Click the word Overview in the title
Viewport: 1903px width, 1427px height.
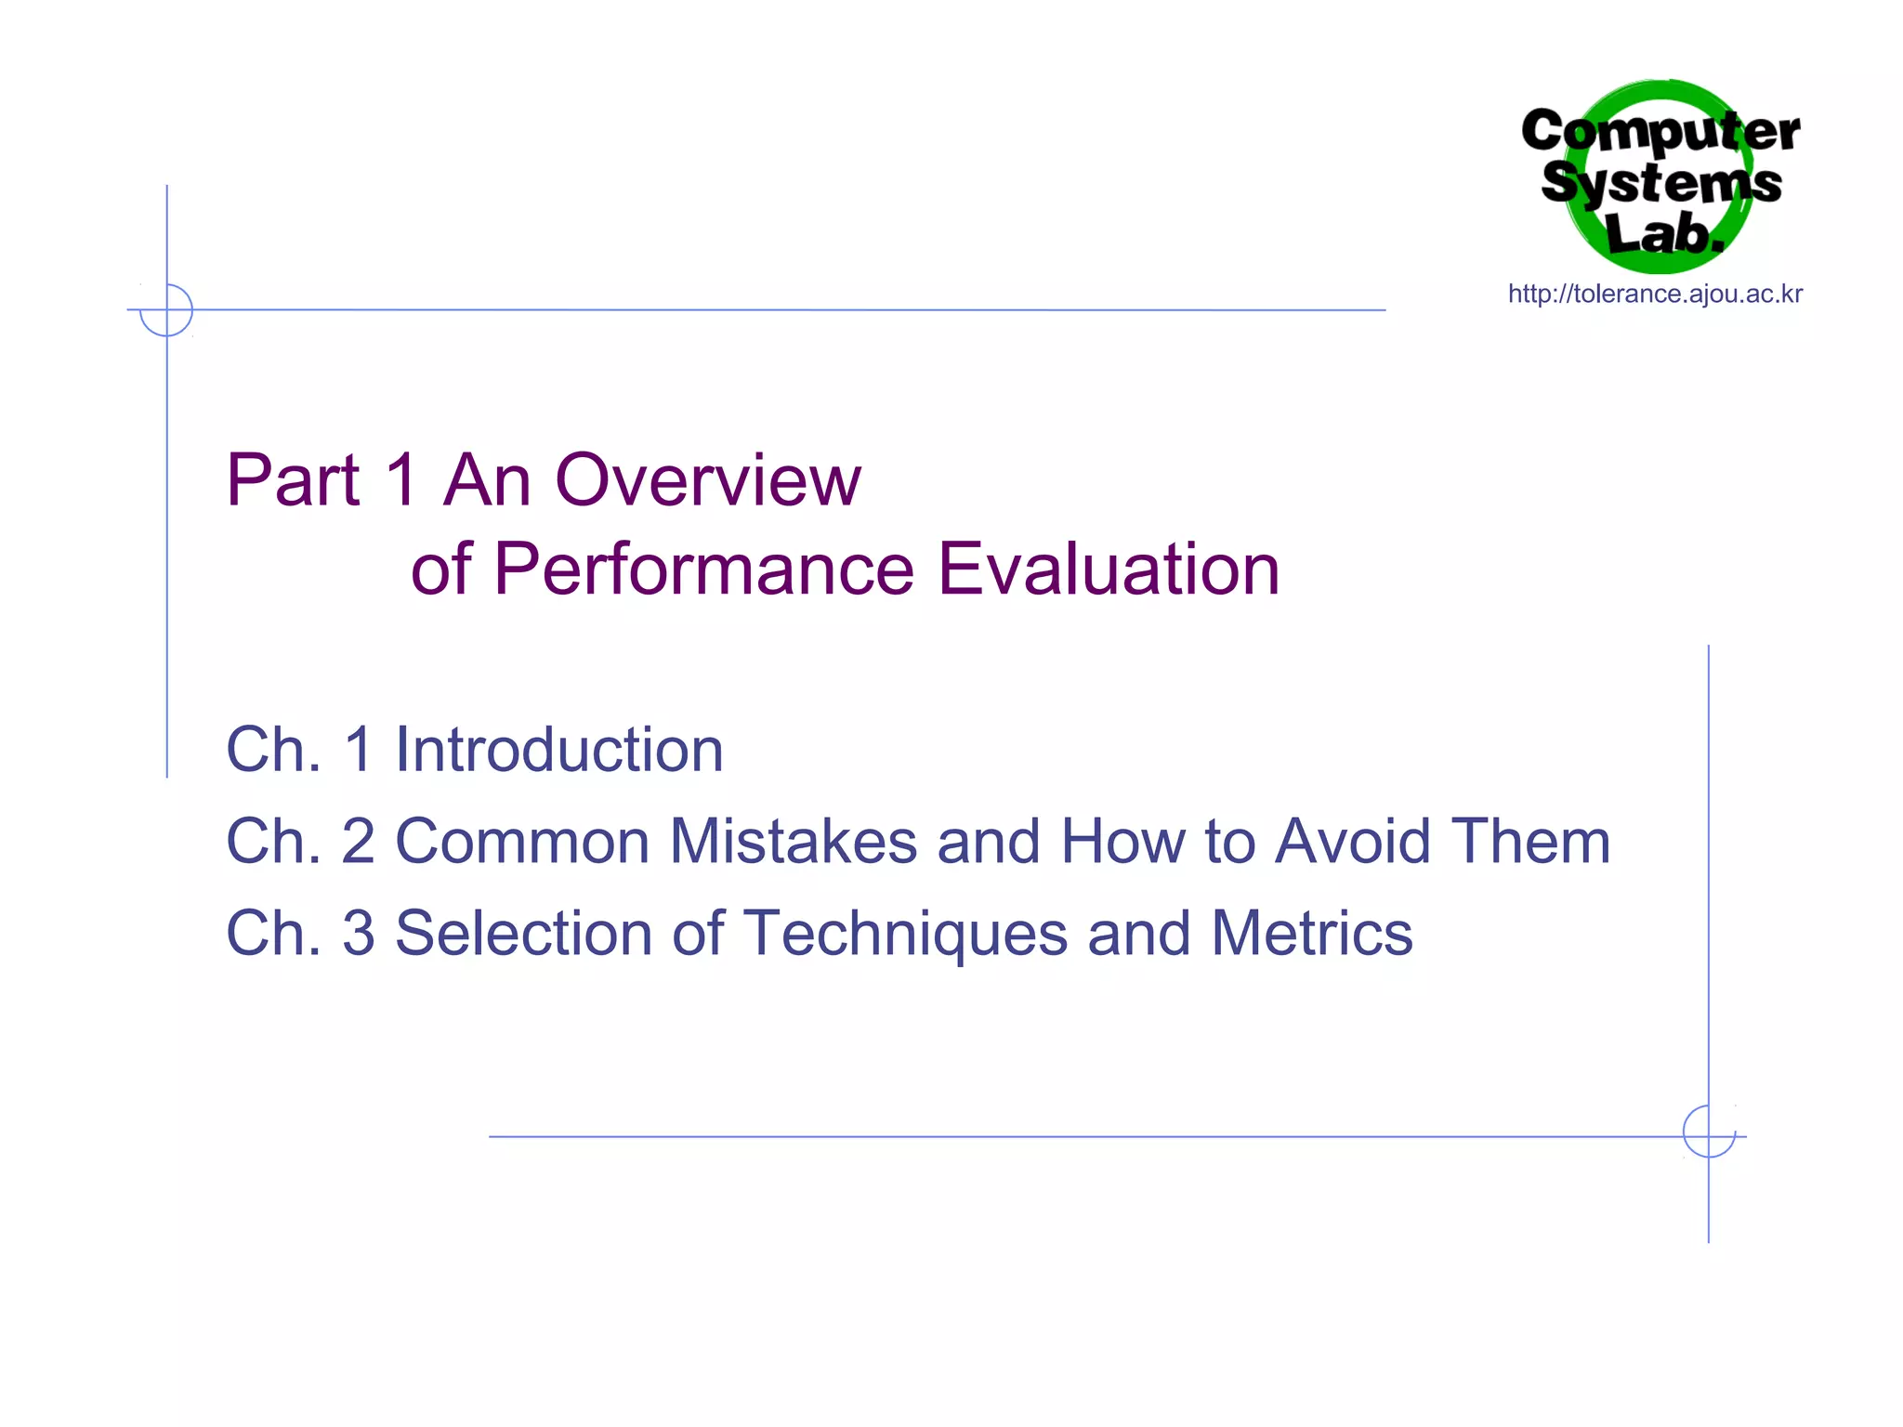click(x=707, y=480)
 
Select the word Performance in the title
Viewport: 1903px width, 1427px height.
click(x=703, y=569)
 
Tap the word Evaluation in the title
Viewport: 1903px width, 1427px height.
click(x=1109, y=569)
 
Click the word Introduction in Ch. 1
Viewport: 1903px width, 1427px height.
click(x=558, y=750)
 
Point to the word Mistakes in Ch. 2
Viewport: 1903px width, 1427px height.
click(x=793, y=842)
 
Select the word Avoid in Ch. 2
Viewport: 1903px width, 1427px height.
click(x=1352, y=842)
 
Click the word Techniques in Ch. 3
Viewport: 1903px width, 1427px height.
click(x=905, y=934)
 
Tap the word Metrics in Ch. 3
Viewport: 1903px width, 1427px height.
click(x=1311, y=934)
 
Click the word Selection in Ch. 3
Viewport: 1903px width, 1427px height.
click(x=523, y=934)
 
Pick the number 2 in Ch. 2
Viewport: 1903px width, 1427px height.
click(x=359, y=842)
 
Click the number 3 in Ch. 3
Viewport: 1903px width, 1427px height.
click(x=359, y=934)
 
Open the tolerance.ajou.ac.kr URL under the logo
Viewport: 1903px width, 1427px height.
click(x=1655, y=295)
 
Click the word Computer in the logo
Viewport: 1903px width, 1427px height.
click(x=1660, y=131)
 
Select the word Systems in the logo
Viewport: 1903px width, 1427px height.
click(x=1660, y=182)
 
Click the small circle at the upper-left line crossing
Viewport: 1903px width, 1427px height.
click(x=166, y=309)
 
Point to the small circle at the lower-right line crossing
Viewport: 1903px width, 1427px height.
click(x=1708, y=1132)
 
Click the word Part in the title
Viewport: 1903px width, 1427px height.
click(x=293, y=480)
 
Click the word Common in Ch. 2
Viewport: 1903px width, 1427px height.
click(x=523, y=842)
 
